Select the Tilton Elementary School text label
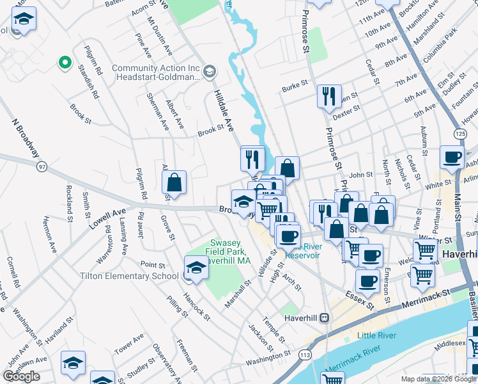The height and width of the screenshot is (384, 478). (x=129, y=276)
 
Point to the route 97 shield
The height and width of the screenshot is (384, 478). (x=42, y=167)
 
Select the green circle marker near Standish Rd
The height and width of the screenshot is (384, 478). (x=63, y=63)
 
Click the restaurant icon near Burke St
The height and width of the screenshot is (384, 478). (x=329, y=97)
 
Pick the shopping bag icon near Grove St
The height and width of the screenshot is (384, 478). (x=174, y=183)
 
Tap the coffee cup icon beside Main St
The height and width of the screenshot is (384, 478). (x=452, y=157)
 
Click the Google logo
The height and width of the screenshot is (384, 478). (x=22, y=376)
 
